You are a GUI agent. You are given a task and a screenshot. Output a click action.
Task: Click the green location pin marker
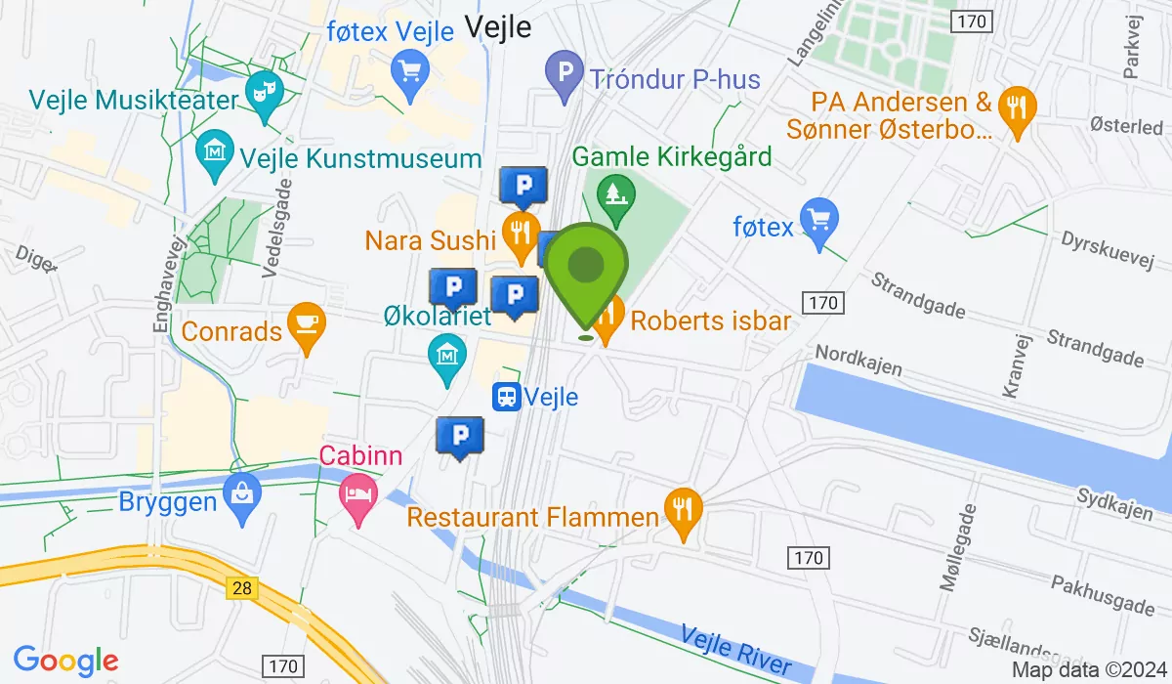585,269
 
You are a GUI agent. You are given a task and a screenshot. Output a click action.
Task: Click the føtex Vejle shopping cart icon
406,70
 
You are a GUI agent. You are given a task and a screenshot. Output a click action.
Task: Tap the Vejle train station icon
506,397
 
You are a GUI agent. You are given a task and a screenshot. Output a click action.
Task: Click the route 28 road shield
241,587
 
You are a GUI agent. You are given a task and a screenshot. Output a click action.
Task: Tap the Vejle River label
736,648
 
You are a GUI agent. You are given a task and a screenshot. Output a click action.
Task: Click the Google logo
66,661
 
